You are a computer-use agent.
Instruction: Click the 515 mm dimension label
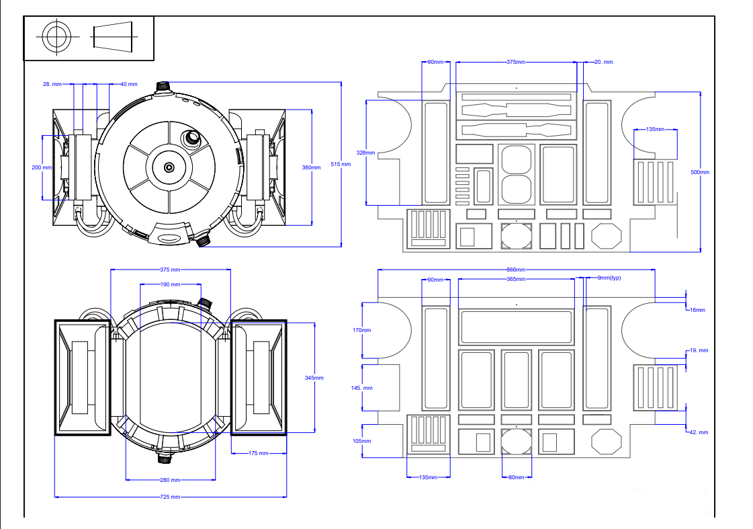click(x=341, y=164)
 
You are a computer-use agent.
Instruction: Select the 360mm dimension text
click(x=312, y=167)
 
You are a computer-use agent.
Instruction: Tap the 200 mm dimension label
click(x=42, y=167)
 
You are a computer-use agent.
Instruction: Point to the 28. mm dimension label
click(x=52, y=84)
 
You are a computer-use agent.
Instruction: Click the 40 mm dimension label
click(x=128, y=84)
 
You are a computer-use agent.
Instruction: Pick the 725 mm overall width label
click(x=170, y=497)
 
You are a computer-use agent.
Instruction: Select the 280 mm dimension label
click(x=170, y=480)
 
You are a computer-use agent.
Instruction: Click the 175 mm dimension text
click(x=259, y=453)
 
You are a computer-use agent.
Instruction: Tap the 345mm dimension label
click(x=314, y=378)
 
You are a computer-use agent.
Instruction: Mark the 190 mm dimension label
click(x=171, y=284)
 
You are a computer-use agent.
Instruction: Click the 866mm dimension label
click(x=517, y=270)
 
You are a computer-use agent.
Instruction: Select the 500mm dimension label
click(x=700, y=172)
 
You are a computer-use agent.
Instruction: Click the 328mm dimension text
click(x=365, y=153)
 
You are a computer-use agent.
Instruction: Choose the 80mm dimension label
click(x=517, y=477)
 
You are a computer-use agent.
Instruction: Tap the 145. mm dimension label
click(x=362, y=388)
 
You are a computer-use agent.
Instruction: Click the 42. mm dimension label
click(x=699, y=432)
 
